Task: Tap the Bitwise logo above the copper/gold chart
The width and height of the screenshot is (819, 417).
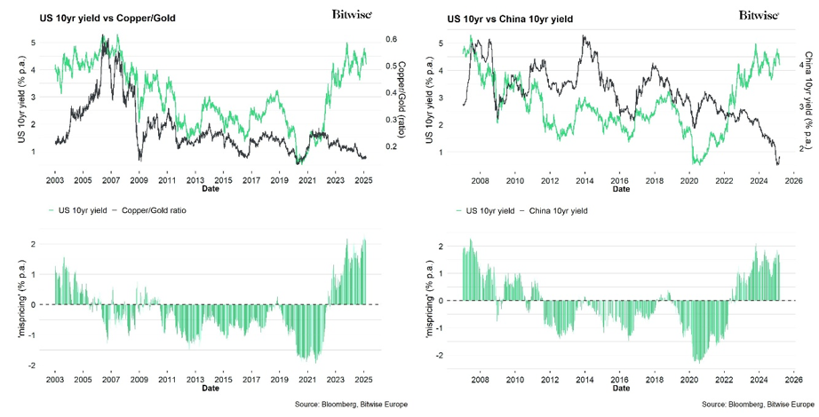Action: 351,14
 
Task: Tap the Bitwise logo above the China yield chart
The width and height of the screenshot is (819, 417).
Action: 759,14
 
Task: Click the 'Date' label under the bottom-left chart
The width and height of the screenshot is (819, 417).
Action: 211,388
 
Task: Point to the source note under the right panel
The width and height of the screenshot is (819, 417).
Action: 756,405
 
